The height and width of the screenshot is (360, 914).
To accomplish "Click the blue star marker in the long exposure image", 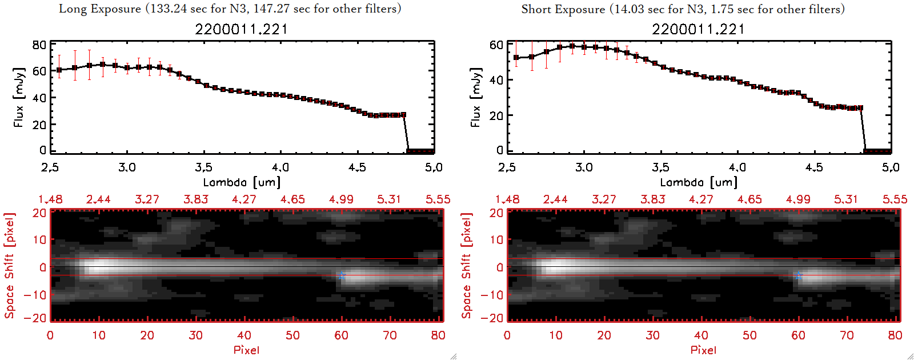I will pos(341,276).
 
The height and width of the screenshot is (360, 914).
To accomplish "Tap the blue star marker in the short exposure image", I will pos(798,276).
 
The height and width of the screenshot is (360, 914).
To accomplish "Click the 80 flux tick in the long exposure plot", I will pos(39,45).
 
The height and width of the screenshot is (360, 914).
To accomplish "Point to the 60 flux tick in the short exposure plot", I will pos(496,45).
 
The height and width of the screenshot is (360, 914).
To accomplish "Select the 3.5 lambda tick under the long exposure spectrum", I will pos(203,167).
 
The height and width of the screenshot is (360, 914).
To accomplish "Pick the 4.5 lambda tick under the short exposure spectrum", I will pos(814,167).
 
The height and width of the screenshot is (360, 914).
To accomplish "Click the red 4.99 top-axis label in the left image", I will pos(341,199).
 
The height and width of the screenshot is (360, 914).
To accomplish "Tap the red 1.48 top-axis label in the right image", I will pos(507,199).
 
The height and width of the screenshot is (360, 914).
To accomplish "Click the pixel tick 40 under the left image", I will pos(244,335).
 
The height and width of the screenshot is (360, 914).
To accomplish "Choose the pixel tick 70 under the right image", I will pos(847,335).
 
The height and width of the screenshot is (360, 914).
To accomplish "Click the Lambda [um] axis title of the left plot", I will pos(242,182).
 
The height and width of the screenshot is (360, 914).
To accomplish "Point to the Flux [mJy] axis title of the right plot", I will pos(475,97).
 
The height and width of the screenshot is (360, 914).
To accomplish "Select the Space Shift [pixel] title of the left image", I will pos(10,266).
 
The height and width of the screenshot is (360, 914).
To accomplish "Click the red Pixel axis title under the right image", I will pos(703,350).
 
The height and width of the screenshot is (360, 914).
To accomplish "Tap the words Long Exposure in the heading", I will pos(100,9).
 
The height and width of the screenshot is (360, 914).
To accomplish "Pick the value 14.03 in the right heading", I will pos(629,9).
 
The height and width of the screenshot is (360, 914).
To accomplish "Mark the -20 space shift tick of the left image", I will pos(36,318).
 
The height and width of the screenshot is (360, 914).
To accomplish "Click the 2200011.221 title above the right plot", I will pos(698,29).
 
